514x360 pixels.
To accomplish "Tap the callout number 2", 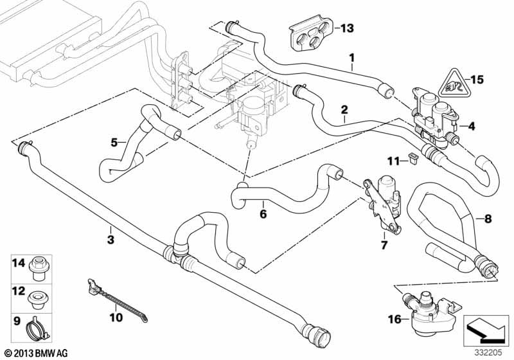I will [345, 109].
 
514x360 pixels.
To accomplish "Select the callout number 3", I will [111, 239].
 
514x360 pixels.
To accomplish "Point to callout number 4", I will [472, 126].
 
